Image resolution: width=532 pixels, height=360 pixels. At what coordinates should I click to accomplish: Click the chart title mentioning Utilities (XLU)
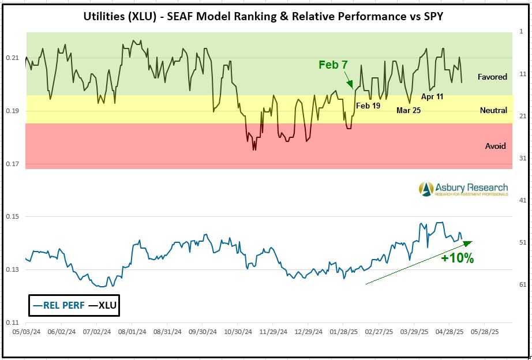click(265, 16)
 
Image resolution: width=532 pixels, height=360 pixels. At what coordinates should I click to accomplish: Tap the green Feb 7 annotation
click(329, 65)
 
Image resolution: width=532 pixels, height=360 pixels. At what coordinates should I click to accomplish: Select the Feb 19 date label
click(368, 106)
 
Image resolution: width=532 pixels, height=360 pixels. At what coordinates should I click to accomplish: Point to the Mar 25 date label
click(409, 110)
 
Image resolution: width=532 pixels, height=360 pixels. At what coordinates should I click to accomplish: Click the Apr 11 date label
click(432, 96)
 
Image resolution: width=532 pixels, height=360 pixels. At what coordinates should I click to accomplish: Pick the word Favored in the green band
click(492, 77)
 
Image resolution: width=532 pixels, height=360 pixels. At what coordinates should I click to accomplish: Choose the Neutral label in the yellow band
click(493, 110)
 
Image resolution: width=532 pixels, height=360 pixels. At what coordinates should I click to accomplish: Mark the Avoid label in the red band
click(495, 146)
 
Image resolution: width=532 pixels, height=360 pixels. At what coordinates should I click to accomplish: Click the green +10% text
click(457, 258)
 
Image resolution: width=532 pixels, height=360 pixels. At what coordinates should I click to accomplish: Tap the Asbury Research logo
click(463, 189)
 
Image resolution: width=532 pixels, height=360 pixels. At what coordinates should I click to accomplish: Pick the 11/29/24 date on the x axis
click(271, 332)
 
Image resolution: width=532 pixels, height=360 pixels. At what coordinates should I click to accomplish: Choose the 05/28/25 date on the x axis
click(484, 332)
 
